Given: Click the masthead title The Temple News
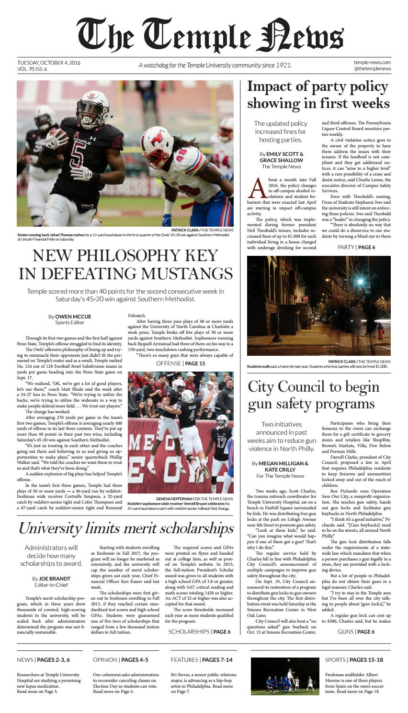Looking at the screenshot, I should [x=210, y=36].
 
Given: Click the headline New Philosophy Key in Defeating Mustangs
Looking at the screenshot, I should [x=125, y=264].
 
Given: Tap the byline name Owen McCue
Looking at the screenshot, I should [x=73, y=316].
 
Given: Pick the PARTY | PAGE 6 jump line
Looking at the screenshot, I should [x=356, y=247].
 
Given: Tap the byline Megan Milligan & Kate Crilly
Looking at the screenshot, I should [x=280, y=466].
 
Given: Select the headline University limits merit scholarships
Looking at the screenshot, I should [x=125, y=528].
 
